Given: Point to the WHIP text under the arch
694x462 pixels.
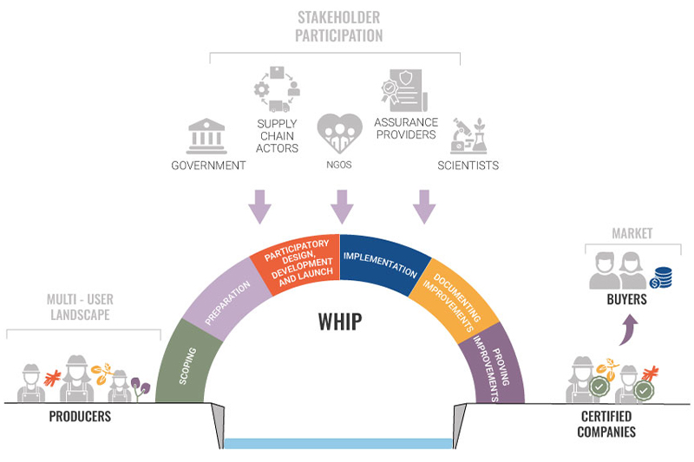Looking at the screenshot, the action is (x=340, y=322).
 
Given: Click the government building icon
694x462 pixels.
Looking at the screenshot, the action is (x=206, y=136).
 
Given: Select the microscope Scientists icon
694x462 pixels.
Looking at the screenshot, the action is (x=469, y=136).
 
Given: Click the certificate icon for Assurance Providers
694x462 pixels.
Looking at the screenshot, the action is (x=404, y=91).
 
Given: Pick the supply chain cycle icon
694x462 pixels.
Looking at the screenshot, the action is (x=277, y=89).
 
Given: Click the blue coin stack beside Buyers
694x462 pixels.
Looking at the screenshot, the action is (x=661, y=277).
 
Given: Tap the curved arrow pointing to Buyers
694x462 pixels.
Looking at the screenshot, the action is (x=627, y=329).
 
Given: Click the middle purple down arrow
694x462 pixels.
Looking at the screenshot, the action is (x=342, y=207).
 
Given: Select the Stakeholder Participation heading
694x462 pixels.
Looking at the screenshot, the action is (x=338, y=27).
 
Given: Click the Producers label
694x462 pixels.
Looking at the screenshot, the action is (x=80, y=416).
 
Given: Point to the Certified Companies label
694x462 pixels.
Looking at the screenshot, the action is (x=606, y=424).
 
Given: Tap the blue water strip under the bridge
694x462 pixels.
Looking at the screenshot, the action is (x=338, y=444).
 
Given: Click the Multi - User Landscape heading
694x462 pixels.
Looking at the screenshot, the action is (x=80, y=307).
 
